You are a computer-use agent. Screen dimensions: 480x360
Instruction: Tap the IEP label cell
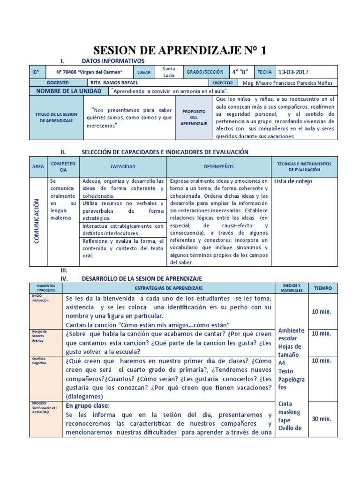pos(36,72)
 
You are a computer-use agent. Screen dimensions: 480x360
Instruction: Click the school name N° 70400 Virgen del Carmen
pos(89,72)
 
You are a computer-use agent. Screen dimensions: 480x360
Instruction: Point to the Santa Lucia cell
pos(169,72)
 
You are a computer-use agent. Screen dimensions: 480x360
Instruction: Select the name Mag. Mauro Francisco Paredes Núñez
pos(286,82)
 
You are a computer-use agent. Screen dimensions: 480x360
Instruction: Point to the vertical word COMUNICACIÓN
pos(36,221)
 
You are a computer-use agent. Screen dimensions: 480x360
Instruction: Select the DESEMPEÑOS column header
pos(218,166)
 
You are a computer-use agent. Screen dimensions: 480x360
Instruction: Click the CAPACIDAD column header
pos(123,166)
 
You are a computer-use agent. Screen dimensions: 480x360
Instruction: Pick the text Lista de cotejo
pos(293,181)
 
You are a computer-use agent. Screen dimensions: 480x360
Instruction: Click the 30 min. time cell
pos(322,419)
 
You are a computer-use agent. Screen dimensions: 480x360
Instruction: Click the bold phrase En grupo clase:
pos(88,405)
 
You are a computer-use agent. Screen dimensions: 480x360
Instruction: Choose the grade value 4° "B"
pos(240,72)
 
